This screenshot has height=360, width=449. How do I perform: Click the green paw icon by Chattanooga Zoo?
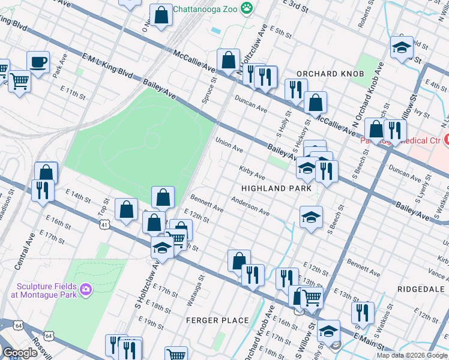click(246, 8)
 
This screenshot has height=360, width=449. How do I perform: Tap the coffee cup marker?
click(38, 62)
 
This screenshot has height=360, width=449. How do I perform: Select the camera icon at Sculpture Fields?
click(86, 290)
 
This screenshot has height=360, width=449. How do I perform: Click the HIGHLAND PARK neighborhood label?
click(276, 188)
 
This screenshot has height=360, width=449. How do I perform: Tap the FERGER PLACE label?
click(217, 320)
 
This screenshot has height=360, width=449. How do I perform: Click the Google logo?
click(20, 353)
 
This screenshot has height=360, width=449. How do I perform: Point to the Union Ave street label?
click(229, 145)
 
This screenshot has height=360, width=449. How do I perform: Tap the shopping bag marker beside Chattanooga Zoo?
click(161, 16)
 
